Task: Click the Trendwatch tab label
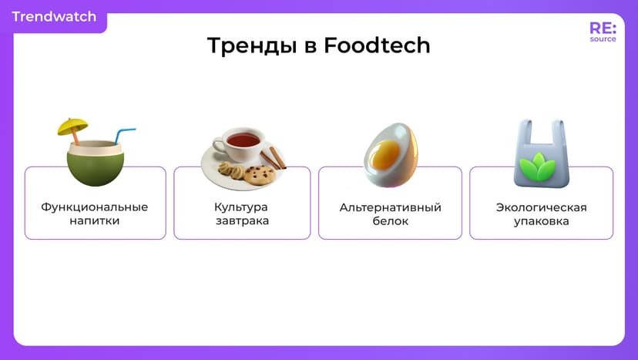(x=54, y=16)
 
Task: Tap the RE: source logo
(x=602, y=32)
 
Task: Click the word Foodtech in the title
(x=377, y=46)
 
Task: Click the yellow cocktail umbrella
(x=72, y=126)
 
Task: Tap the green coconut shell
(x=95, y=167)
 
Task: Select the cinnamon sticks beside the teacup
(x=272, y=158)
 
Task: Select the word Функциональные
(x=94, y=207)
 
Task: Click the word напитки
(x=94, y=221)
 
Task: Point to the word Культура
(x=241, y=207)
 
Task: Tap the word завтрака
(x=241, y=221)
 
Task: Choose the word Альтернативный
(x=390, y=207)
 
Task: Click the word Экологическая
(x=541, y=207)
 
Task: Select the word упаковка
(x=541, y=221)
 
